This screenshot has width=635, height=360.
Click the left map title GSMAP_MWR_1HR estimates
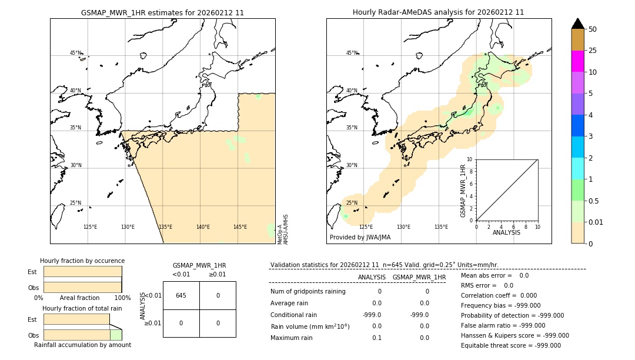tap(162, 12)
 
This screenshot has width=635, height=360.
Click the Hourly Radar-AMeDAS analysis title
tap(438, 12)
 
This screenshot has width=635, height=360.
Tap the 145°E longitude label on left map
tap(240, 227)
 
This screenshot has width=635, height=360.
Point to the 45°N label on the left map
tap(75, 53)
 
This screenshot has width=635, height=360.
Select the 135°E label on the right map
tap(441, 227)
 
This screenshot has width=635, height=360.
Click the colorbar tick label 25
tap(593, 51)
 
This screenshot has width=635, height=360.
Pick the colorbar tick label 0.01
tap(596, 222)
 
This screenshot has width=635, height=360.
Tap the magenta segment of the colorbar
tap(577, 61)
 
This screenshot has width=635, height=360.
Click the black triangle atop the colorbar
tap(577, 24)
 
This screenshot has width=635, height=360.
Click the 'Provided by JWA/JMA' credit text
tap(360, 238)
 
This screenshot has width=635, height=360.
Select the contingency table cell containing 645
tap(181, 295)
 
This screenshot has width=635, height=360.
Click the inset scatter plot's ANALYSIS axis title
tap(506, 232)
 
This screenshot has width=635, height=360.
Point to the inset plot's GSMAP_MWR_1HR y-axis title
tap(463, 190)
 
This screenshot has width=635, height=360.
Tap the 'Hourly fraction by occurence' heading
tap(82, 261)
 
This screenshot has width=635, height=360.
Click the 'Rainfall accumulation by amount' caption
tap(82, 345)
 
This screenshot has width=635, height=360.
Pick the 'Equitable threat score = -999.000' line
tap(511, 345)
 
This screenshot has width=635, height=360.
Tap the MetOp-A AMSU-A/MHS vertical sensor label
tap(283, 229)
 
